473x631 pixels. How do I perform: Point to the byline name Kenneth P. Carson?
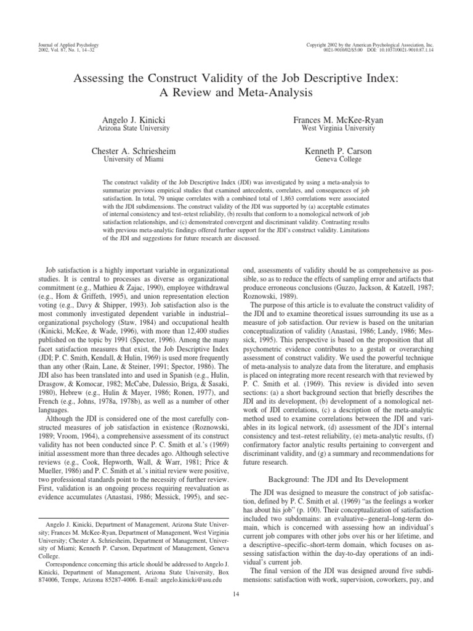click(338, 151)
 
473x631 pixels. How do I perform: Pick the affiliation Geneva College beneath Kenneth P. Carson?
click(338, 160)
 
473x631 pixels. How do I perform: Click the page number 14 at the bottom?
click(236, 593)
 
